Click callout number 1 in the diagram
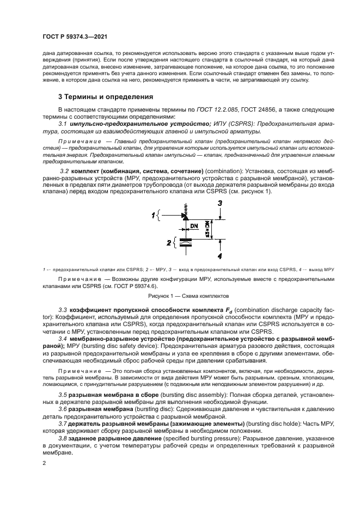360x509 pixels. coord(154,216)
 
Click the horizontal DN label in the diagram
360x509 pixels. coord(193,224)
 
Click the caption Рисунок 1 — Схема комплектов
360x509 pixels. coord(180,297)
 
